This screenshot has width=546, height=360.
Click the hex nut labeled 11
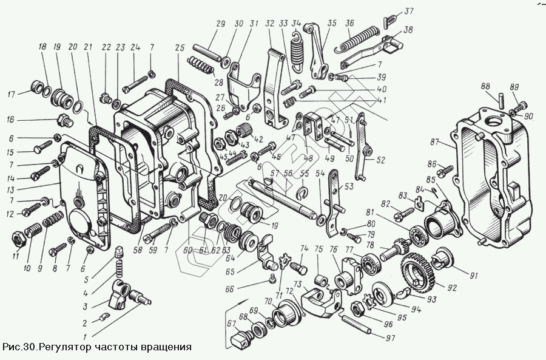pyautogui.click(x=18, y=237)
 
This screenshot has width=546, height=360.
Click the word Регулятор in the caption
pyautogui.click(x=64, y=348)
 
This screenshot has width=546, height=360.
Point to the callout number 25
pyautogui.click(x=180, y=47)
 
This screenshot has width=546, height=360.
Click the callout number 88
pyautogui.click(x=486, y=86)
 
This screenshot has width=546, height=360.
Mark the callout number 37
pyautogui.click(x=409, y=11)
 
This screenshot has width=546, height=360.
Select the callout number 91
pyautogui.click(x=473, y=274)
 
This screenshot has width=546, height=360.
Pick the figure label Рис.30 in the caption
pyautogui.click(x=18, y=348)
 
